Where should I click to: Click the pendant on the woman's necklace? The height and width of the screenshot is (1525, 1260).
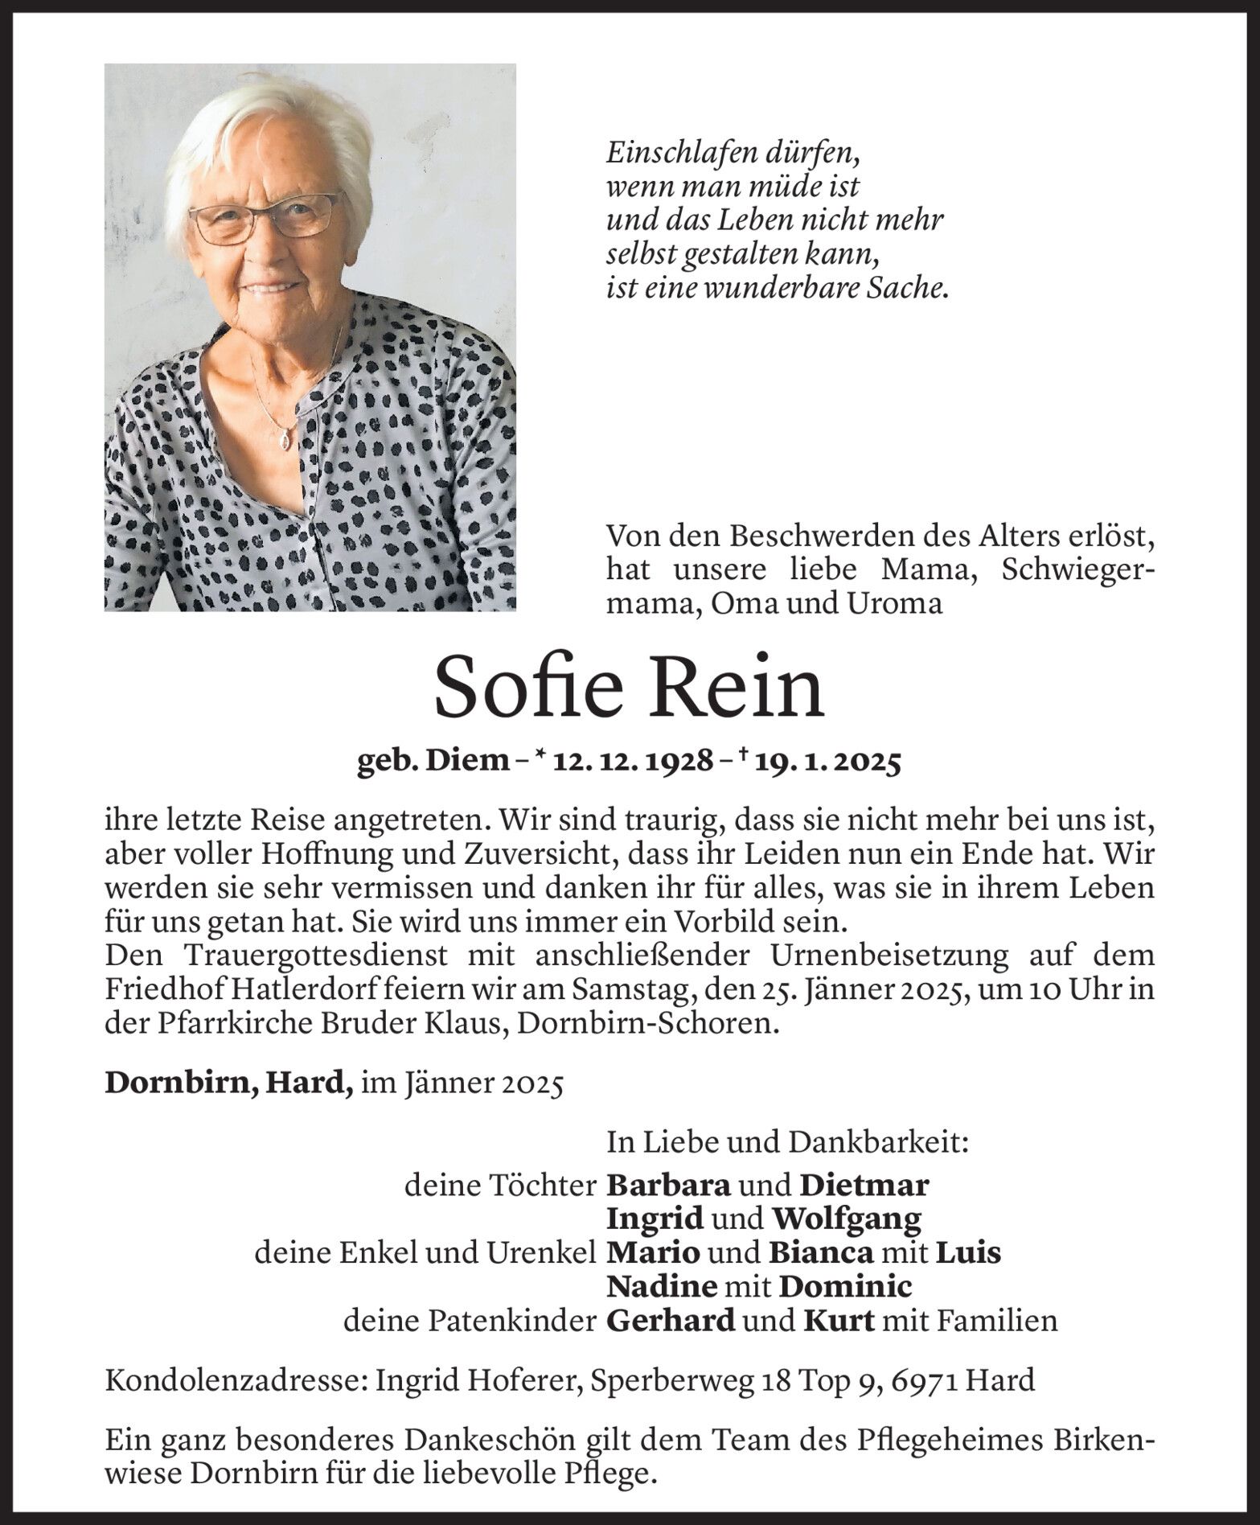tap(283, 441)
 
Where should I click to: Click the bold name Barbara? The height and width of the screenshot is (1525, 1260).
tap(668, 1185)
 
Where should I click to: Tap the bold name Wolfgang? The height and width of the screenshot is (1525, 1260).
tap(846, 1219)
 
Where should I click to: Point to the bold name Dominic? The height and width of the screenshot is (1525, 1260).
tap(846, 1287)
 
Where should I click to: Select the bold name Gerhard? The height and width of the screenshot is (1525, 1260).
tap(671, 1321)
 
